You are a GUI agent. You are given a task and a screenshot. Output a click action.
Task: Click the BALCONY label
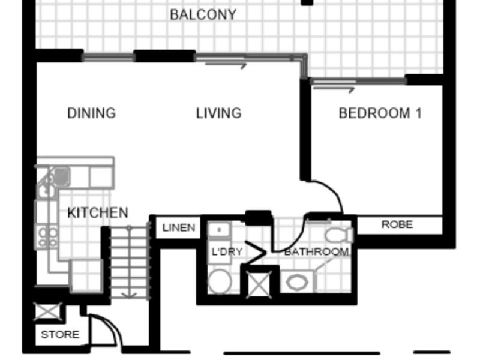[x=203, y=14]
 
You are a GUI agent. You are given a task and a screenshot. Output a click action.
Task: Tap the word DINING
[x=92, y=113]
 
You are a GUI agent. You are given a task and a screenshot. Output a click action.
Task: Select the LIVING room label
[x=218, y=113]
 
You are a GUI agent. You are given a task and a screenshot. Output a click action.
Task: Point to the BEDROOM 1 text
[x=380, y=113]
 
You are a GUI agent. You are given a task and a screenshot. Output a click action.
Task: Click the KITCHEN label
[x=98, y=213]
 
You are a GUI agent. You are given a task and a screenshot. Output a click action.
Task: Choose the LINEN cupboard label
[x=179, y=227]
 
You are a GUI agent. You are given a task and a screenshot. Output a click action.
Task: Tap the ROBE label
[x=397, y=224]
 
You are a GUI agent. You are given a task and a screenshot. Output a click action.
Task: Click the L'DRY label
[x=227, y=251]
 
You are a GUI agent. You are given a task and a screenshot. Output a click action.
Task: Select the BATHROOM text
[x=317, y=251]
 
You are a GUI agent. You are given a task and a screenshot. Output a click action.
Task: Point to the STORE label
[x=60, y=334]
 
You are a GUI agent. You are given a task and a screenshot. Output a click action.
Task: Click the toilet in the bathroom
[x=339, y=235]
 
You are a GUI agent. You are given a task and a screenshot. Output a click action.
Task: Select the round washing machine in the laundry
[x=220, y=281]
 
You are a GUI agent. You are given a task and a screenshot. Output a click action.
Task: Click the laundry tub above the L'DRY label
[x=218, y=230]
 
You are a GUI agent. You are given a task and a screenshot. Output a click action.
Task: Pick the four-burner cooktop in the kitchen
[x=48, y=236]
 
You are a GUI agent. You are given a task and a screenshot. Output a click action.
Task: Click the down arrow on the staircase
[x=129, y=262]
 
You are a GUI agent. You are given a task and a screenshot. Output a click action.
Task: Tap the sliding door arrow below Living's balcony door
[x=226, y=65]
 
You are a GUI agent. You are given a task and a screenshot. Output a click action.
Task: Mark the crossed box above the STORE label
[x=48, y=311]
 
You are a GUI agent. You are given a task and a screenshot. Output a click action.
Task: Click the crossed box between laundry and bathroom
[x=259, y=284]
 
